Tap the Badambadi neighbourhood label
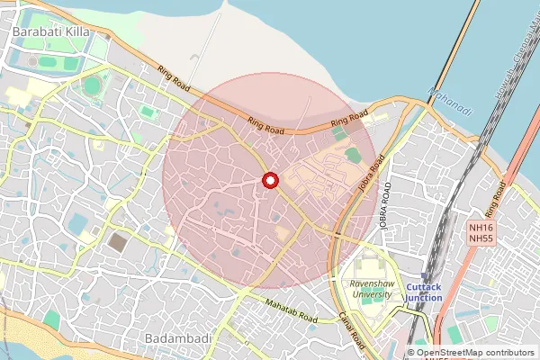click(177, 337)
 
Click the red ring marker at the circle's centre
click(269, 180)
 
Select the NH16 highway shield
click(481, 229)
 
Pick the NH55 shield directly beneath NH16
click(481, 240)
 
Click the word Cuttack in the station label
click(423, 287)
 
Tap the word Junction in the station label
click(424, 298)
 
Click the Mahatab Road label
click(292, 311)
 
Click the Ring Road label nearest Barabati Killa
click(173, 79)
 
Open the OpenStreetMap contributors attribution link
click(473, 353)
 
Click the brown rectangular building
click(118, 241)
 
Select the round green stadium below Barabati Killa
click(92, 85)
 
